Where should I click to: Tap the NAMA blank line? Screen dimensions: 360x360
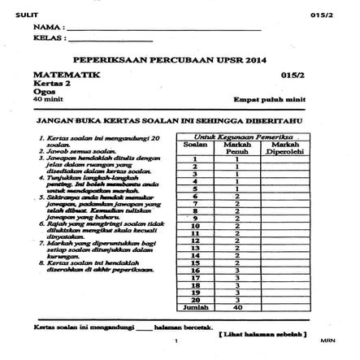pos(163,30)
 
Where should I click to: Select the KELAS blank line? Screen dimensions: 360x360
pos(110,41)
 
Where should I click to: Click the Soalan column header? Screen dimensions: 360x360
pos(195,145)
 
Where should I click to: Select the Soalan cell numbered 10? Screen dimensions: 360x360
pos(195,226)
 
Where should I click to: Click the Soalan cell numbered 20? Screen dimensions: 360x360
pos(195,300)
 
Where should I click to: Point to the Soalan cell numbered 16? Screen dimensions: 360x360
pos(195,270)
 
